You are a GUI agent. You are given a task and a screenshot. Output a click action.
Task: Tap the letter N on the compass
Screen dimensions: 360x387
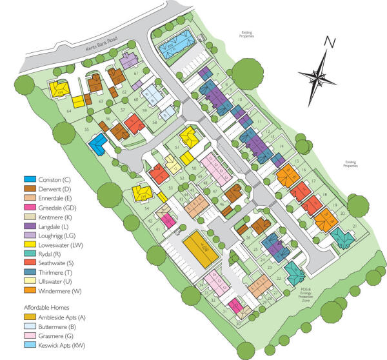(329, 43)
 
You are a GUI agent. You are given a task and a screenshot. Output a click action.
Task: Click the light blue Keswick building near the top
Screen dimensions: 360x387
(172, 44)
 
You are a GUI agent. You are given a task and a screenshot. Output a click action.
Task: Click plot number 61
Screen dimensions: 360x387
(136, 74)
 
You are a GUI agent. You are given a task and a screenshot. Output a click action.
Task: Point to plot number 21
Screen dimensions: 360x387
(354, 226)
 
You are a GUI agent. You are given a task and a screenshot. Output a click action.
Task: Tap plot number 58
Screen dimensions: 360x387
(154, 122)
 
